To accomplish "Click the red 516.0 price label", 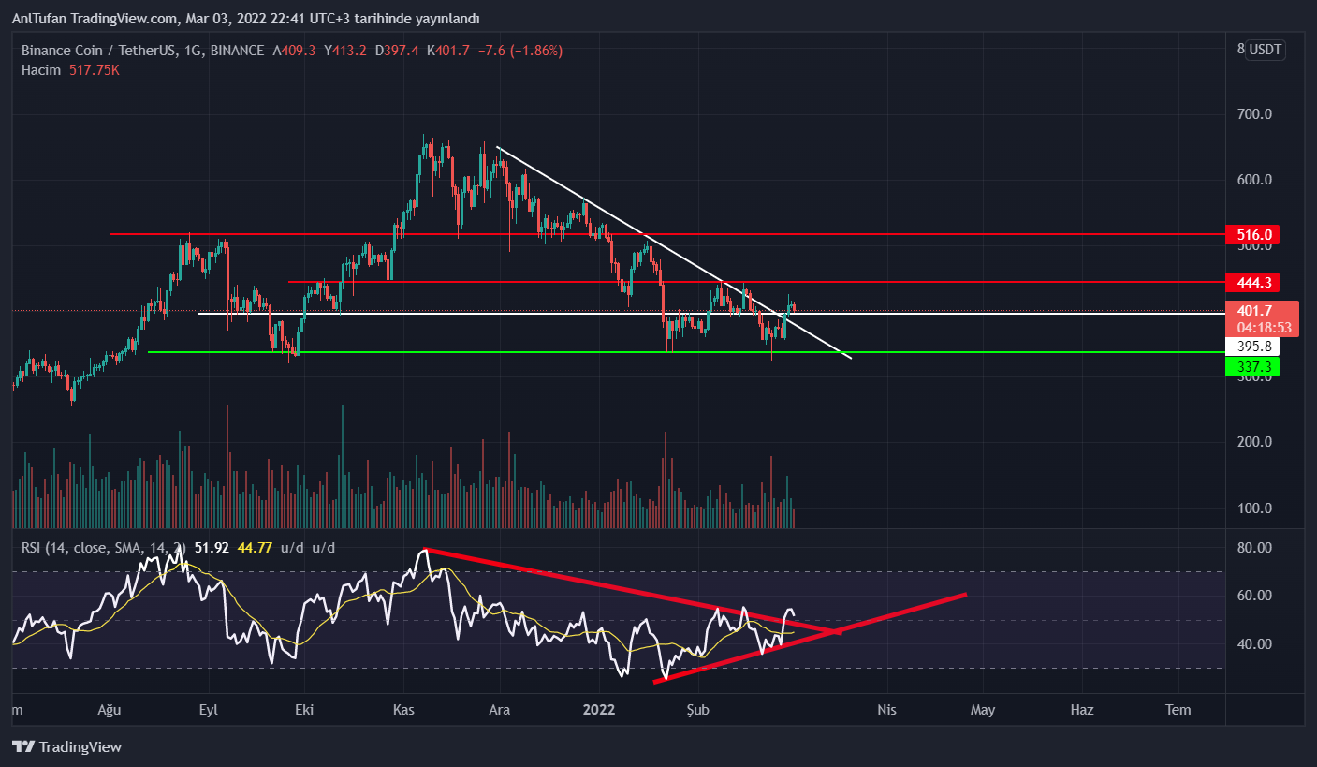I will coord(1252,234).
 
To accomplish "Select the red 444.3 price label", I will coord(1252,282).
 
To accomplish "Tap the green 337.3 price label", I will coord(1252,366).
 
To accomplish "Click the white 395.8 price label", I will coord(1252,347).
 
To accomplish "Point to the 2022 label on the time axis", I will coord(599,710).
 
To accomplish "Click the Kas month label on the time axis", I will coord(402,710).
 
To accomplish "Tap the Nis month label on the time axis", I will coord(886,710).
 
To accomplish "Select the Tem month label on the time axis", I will coord(1178,710).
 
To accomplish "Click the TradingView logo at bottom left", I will coord(66,747).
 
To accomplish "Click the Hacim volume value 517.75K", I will coord(94,70).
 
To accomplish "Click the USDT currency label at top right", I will coord(1266,50).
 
